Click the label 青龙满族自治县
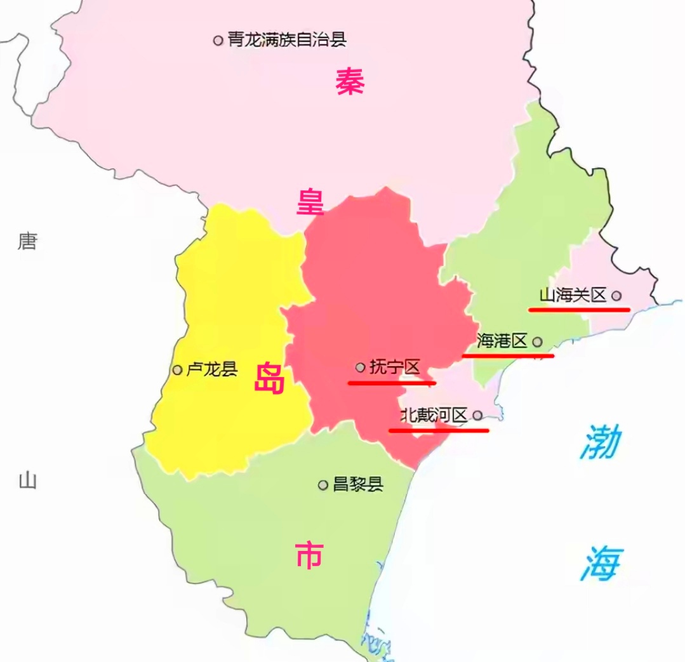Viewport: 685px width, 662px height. pyautogui.click(x=287, y=40)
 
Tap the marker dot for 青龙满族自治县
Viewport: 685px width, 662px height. pyautogui.click(x=218, y=40)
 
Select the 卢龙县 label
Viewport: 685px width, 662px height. pyautogui.click(x=211, y=369)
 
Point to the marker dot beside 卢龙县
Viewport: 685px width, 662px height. pyautogui.click(x=177, y=370)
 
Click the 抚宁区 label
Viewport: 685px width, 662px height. pyautogui.click(x=395, y=367)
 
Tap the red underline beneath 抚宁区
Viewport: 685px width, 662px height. pyautogui.click(x=392, y=383)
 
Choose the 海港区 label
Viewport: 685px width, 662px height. pyautogui.click(x=502, y=341)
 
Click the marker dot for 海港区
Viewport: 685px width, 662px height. pyautogui.click(x=537, y=341)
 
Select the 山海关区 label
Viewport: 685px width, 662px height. pyautogui.click(x=573, y=295)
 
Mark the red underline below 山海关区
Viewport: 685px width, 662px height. pyautogui.click(x=578, y=310)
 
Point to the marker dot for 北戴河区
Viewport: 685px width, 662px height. pyautogui.click(x=477, y=416)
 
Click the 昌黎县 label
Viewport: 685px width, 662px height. pyautogui.click(x=358, y=485)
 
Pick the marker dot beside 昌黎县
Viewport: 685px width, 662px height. pyautogui.click(x=323, y=486)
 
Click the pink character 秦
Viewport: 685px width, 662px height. pyautogui.click(x=350, y=82)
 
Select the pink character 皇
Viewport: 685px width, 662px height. pyautogui.click(x=311, y=202)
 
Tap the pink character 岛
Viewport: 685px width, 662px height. pyautogui.click(x=269, y=379)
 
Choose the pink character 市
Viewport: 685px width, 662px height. pyautogui.click(x=309, y=555)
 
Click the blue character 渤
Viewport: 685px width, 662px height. pyautogui.click(x=600, y=442)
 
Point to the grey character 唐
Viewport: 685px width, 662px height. pyautogui.click(x=27, y=241)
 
